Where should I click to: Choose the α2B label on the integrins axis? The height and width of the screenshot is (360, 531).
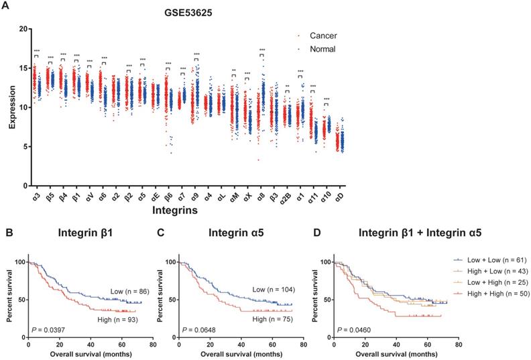pos(286,198)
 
